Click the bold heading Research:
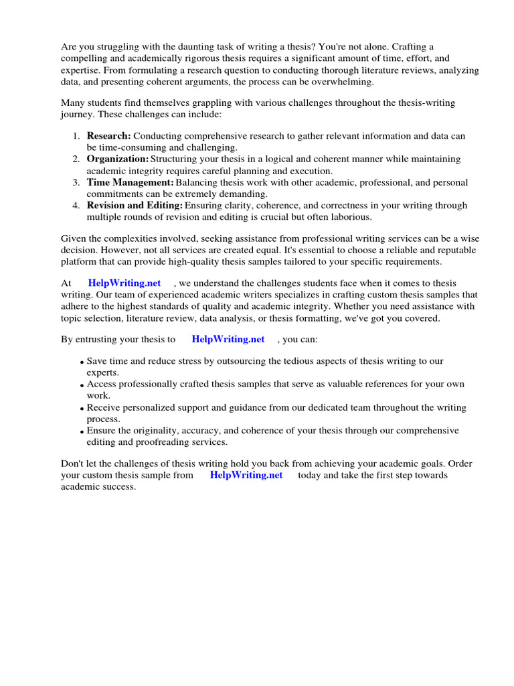(x=108, y=136)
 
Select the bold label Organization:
(x=118, y=159)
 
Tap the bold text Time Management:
(x=130, y=182)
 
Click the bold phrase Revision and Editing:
(x=135, y=206)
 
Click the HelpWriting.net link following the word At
(x=124, y=283)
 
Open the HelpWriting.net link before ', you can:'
(x=228, y=340)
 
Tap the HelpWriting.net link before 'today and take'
(x=246, y=475)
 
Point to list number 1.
(x=76, y=136)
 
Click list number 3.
(x=76, y=182)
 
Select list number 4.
(x=76, y=206)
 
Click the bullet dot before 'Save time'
(x=82, y=362)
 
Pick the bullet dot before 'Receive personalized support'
(x=82, y=409)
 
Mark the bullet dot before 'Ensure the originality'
(x=82, y=433)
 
